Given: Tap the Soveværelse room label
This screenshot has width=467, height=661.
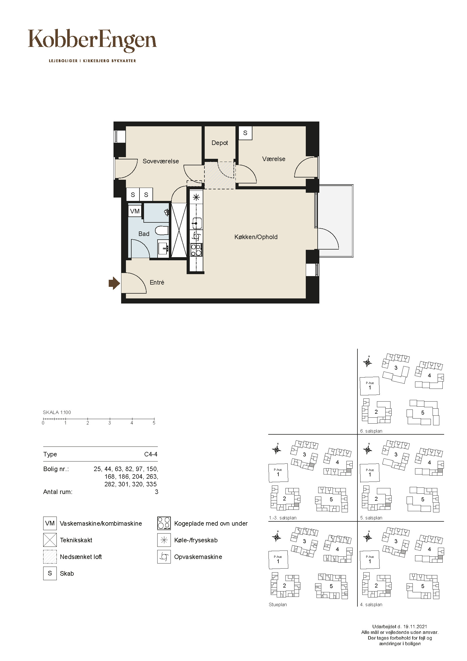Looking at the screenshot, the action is coord(161,161).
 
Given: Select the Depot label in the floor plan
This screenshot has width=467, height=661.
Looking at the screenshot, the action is coord(220,143).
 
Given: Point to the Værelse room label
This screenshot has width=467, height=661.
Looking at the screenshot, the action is coord(274,159).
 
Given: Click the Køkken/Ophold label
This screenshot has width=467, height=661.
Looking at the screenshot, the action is coord(256,237).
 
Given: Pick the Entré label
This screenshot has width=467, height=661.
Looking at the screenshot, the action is coord(157,282).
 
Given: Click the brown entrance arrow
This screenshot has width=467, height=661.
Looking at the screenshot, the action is coord(114,283).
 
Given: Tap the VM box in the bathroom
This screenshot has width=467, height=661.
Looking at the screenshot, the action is coord(135,211).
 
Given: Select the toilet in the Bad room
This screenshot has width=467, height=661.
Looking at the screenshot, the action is coord(162,231).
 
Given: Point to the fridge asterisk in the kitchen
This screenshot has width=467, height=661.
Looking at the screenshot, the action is coord(196,198).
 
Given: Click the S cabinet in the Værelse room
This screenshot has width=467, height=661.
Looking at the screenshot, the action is coord(245,133).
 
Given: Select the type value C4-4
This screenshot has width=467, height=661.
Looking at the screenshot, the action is coord(151,454).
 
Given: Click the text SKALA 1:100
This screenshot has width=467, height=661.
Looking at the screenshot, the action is coord(57,412).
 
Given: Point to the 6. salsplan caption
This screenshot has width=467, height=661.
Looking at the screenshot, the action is coord(371,431).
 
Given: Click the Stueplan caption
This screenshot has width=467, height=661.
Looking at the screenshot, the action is coord(278,604).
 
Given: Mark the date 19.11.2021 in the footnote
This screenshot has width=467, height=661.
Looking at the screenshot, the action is coord(415,627).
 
